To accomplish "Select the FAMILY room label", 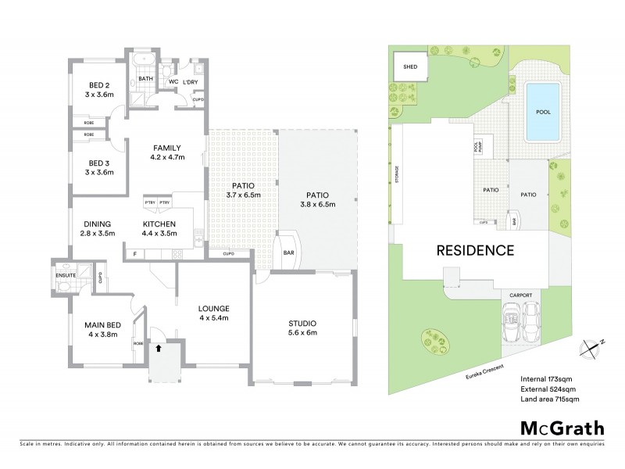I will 167,148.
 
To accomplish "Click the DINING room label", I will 98,224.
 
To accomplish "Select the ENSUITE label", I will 66,274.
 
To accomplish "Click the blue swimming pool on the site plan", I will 543,112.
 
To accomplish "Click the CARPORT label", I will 521,295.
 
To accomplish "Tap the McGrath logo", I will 563,428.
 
